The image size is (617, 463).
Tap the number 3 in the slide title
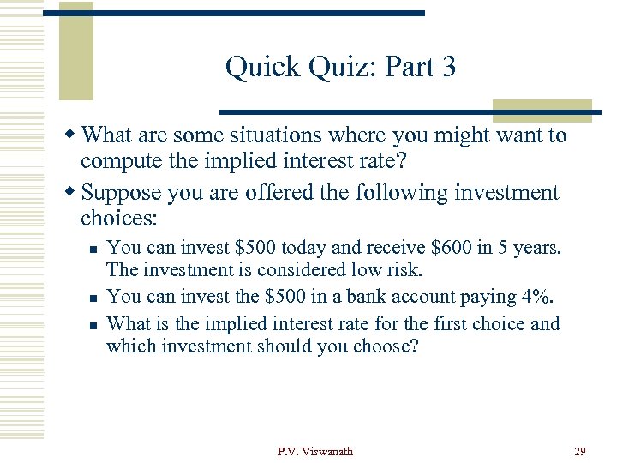pyautogui.click(x=447, y=67)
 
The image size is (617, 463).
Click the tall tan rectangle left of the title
pyautogui.click(x=75, y=51)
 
